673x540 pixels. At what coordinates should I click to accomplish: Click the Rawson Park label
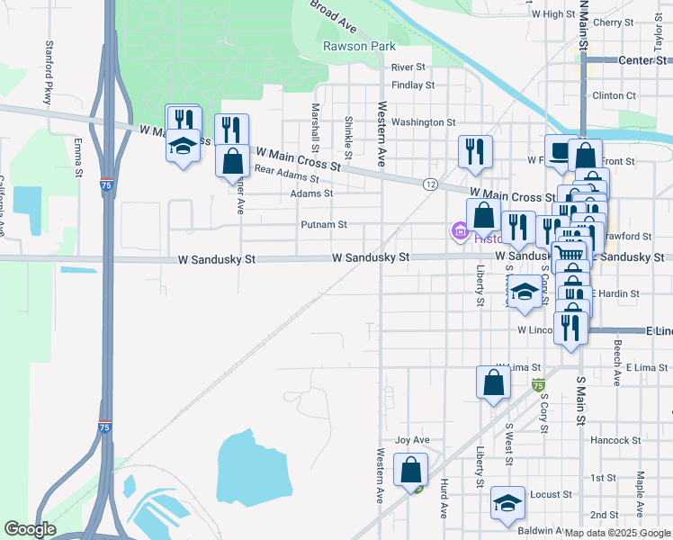[360, 46]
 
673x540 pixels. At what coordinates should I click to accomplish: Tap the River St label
[408, 67]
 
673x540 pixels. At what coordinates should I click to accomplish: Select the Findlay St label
[413, 85]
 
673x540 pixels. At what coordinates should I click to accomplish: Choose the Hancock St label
[615, 441]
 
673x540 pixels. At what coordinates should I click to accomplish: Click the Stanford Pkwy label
[48, 72]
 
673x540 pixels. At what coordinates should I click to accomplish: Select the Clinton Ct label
[615, 95]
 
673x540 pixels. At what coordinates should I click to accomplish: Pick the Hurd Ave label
[444, 498]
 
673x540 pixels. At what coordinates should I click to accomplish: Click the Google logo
[31, 529]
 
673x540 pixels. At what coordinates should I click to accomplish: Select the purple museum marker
[461, 234]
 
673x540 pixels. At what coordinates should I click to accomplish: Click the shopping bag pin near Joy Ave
[410, 470]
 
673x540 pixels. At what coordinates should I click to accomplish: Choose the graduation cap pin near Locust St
[507, 503]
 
